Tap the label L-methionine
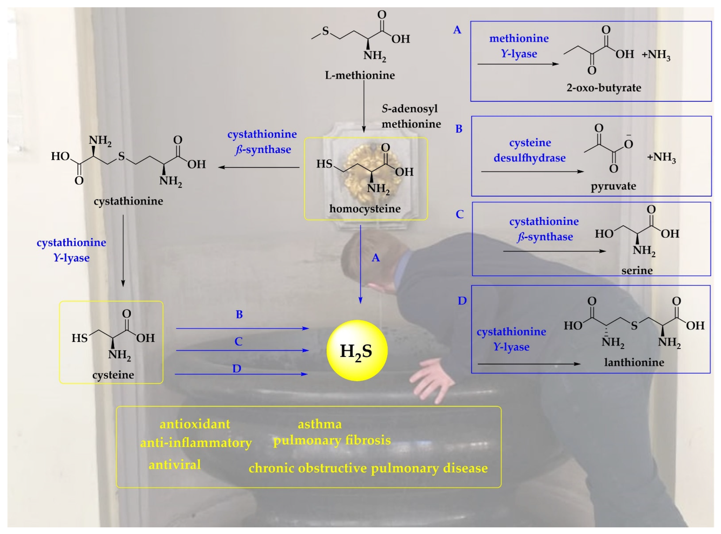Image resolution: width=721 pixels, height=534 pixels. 360,75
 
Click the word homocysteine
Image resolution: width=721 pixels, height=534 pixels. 365,209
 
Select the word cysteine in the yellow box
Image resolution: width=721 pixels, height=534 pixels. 113,375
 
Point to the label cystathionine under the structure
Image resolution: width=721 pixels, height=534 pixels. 128,201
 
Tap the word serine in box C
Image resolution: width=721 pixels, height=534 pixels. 637,270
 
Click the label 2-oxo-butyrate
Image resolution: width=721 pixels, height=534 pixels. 604,88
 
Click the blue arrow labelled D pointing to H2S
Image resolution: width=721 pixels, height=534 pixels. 241,374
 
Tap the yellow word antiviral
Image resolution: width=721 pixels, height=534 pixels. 175,465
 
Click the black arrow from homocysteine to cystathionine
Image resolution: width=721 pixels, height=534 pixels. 259,167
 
